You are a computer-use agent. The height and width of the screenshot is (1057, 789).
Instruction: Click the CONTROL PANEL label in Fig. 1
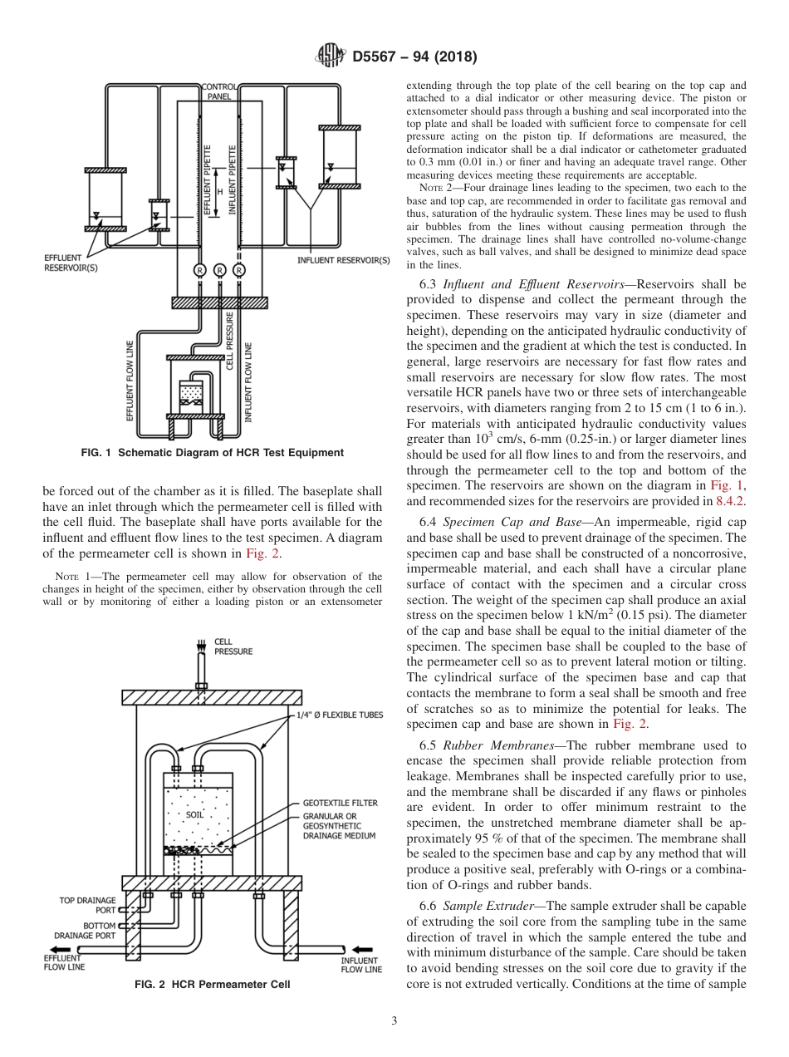(220, 91)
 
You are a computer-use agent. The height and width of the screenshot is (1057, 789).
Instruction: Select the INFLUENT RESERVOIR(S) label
(343, 260)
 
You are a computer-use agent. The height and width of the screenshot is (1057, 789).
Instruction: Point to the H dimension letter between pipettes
(220, 192)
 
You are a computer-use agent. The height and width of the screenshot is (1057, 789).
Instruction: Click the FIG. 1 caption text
(212, 453)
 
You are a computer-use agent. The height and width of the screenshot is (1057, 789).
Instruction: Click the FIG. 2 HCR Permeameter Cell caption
(213, 986)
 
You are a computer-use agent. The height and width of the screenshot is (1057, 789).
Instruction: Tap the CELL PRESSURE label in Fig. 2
(233, 646)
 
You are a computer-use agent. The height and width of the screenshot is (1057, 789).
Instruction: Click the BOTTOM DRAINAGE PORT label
(86, 930)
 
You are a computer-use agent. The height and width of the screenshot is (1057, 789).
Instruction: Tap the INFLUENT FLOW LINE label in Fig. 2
(361, 965)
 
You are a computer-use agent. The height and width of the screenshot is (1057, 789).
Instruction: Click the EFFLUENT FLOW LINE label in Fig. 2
(64, 962)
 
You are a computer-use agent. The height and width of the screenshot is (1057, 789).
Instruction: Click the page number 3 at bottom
(394, 1021)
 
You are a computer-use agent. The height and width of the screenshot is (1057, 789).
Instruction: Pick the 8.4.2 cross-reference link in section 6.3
(731, 502)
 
